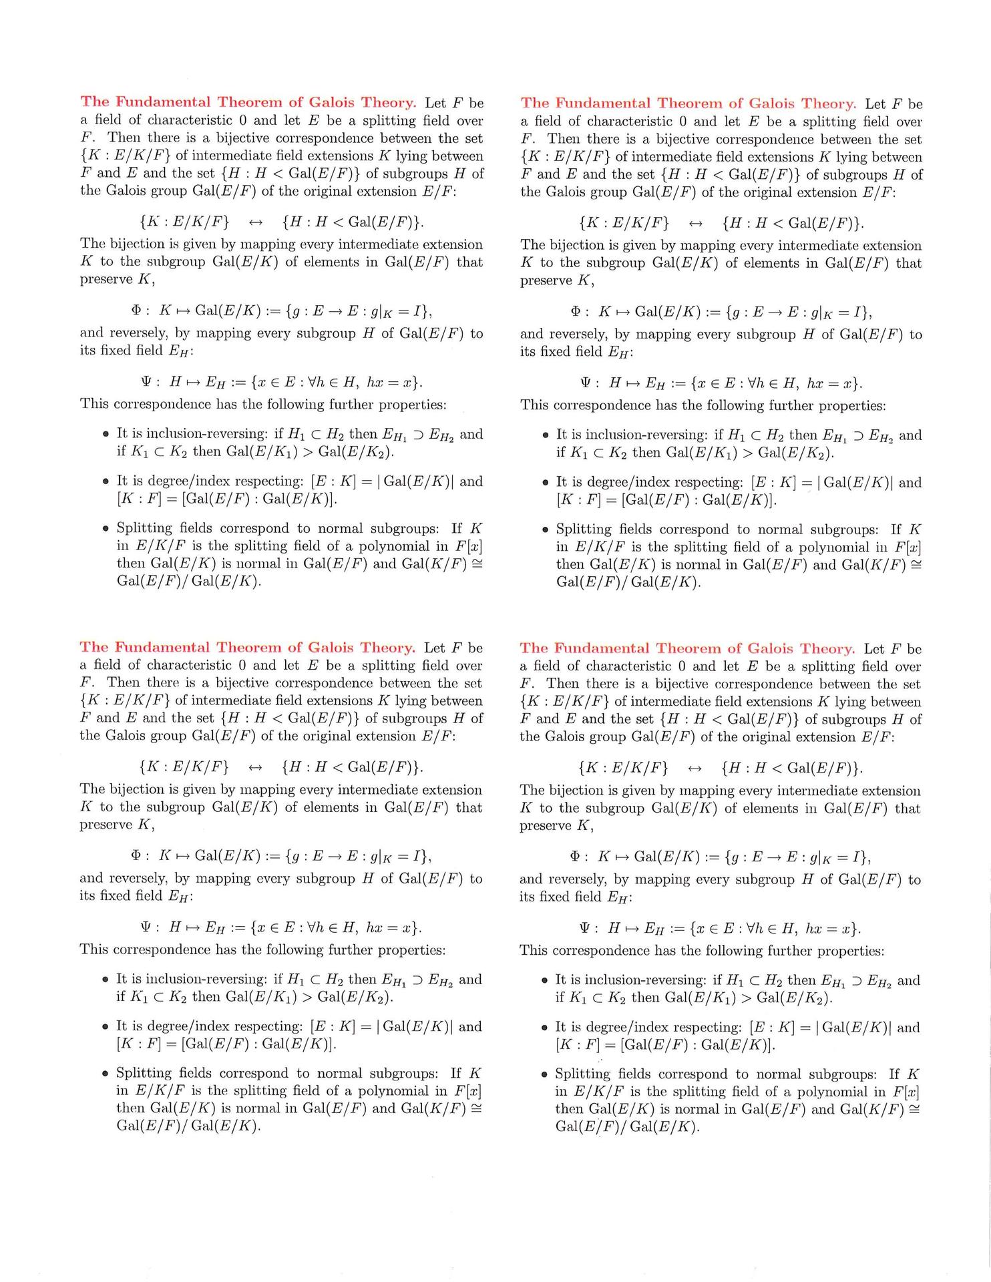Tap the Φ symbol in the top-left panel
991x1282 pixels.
[136, 310]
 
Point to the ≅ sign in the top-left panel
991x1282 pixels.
[476, 564]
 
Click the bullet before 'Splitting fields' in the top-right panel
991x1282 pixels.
[545, 530]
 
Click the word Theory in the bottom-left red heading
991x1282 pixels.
[387, 648]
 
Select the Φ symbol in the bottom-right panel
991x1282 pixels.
[575, 857]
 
